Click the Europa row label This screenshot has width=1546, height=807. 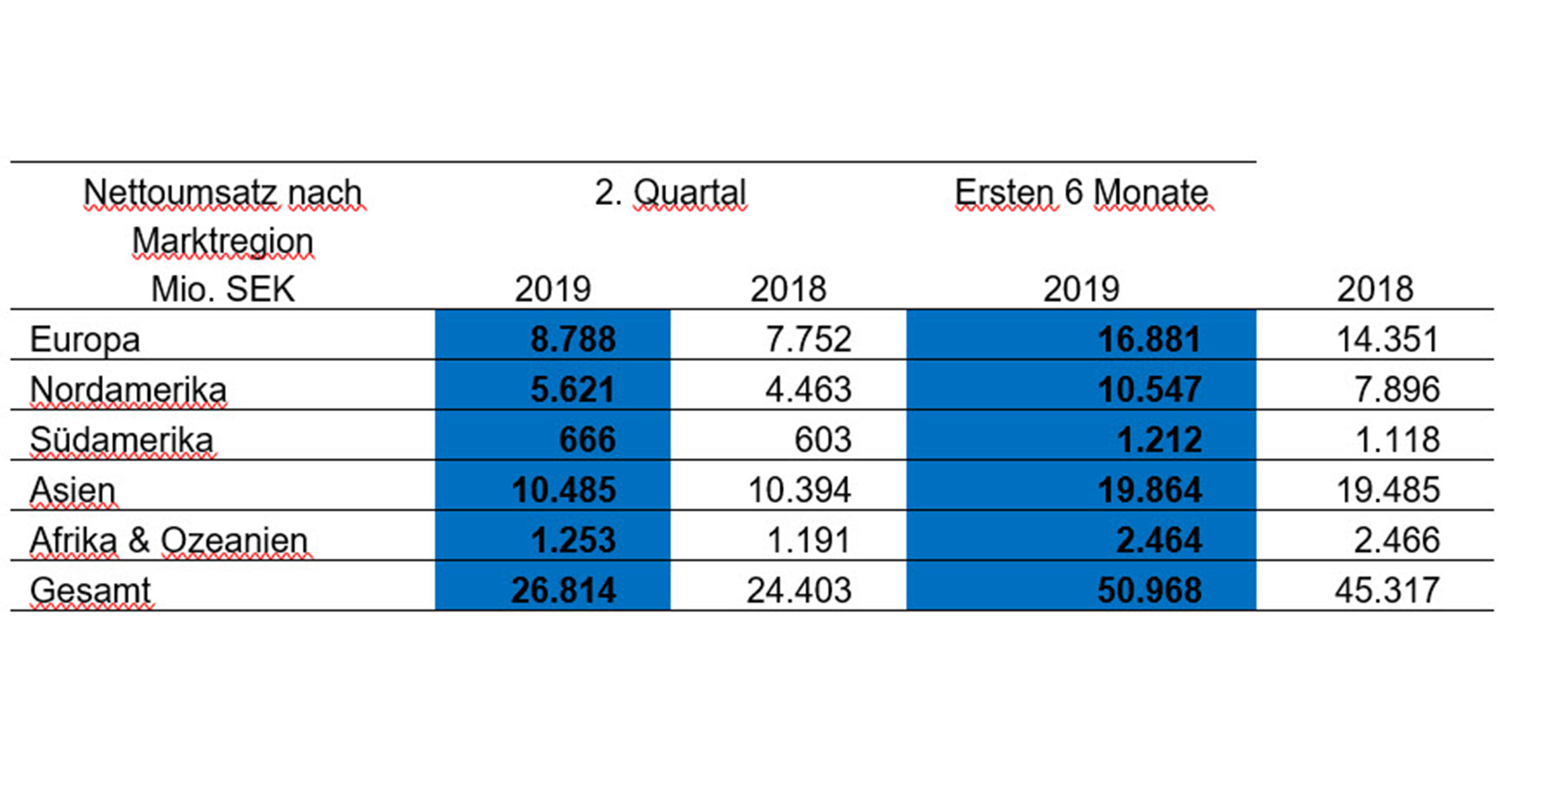[85, 339]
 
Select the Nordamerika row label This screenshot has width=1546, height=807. [128, 389]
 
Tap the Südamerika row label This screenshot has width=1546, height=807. [122, 440]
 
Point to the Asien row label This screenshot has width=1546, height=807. [73, 490]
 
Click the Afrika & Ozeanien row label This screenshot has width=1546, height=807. [169, 540]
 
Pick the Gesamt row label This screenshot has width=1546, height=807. [91, 590]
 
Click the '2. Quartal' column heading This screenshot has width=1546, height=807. [670, 193]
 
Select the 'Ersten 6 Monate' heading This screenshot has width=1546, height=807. [1082, 193]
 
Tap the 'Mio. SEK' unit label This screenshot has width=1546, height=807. [223, 290]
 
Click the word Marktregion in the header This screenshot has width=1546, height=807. [223, 241]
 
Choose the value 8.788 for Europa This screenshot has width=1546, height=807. [573, 339]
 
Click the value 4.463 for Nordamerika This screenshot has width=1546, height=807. [808, 389]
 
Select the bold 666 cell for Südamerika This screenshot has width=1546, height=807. [587, 440]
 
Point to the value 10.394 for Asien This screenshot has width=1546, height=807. [799, 490]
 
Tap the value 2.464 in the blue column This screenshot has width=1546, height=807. [1158, 540]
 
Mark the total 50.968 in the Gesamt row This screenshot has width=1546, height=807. [1149, 590]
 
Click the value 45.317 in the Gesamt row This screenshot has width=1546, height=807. [1387, 590]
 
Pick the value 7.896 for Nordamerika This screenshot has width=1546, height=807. [1396, 389]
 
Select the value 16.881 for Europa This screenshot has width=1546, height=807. [1149, 339]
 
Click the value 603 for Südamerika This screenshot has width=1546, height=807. [823, 440]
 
